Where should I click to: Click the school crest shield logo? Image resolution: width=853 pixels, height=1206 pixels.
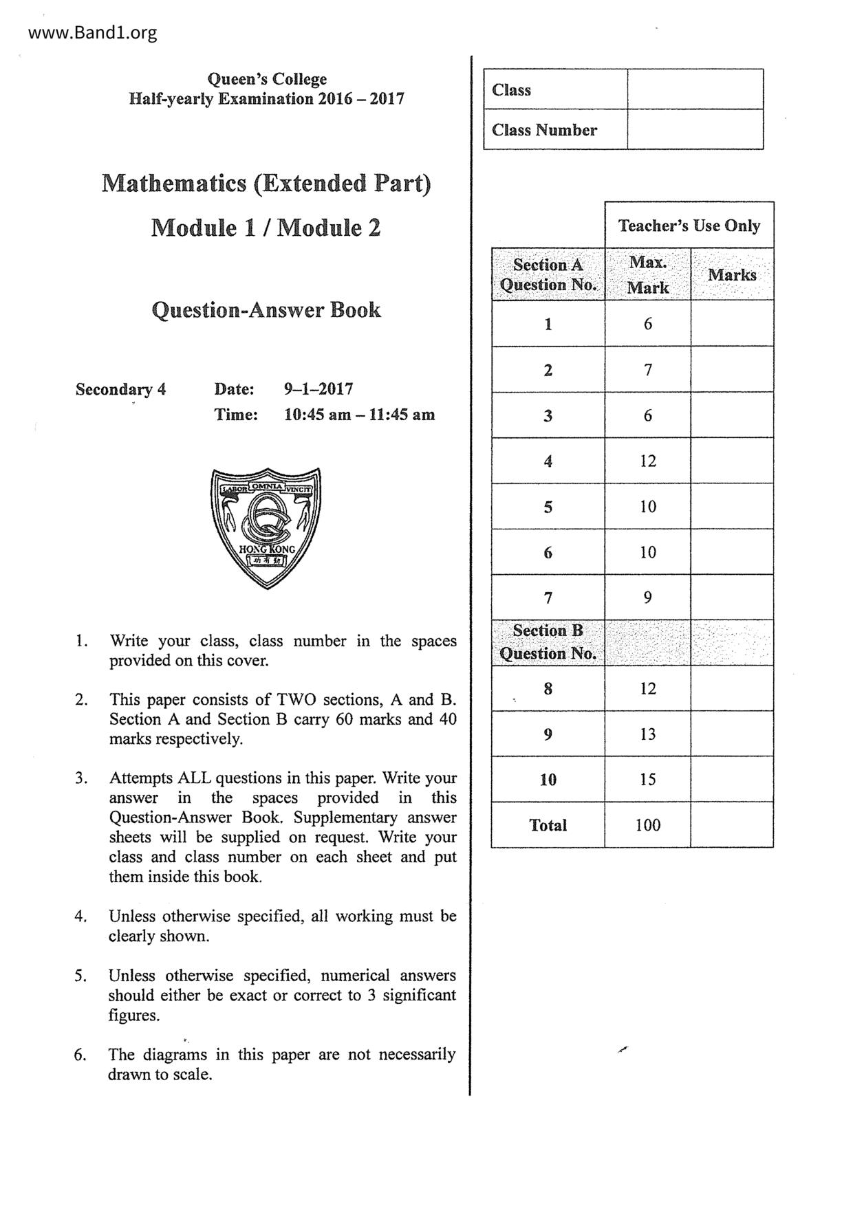266,527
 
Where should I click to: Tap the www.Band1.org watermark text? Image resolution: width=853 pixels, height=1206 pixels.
93,33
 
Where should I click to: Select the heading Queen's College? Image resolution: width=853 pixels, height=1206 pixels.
267,79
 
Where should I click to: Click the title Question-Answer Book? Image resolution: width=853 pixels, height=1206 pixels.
266,310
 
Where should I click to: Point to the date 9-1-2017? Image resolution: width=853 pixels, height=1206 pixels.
318,389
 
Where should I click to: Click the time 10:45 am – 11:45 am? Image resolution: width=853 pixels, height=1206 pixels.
359,415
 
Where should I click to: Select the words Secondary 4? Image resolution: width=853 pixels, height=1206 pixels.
120,389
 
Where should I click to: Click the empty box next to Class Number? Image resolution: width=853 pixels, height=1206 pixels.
695,129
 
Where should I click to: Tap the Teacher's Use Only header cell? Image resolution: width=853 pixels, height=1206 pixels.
689,226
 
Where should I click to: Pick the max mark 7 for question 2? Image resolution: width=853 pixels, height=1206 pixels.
647,370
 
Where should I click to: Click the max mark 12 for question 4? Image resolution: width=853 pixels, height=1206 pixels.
647,461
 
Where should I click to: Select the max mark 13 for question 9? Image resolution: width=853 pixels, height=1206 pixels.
647,734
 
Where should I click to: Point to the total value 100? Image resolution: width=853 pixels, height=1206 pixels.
647,825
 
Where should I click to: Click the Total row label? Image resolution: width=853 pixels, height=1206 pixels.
548,825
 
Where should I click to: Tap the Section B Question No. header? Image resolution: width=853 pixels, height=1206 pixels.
548,642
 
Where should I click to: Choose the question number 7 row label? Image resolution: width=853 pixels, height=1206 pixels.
548,597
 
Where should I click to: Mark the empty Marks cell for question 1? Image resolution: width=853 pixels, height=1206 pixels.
731,324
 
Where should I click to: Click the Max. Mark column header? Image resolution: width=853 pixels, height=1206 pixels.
647,274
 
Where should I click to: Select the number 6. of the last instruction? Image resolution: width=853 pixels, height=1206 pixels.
80,1055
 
